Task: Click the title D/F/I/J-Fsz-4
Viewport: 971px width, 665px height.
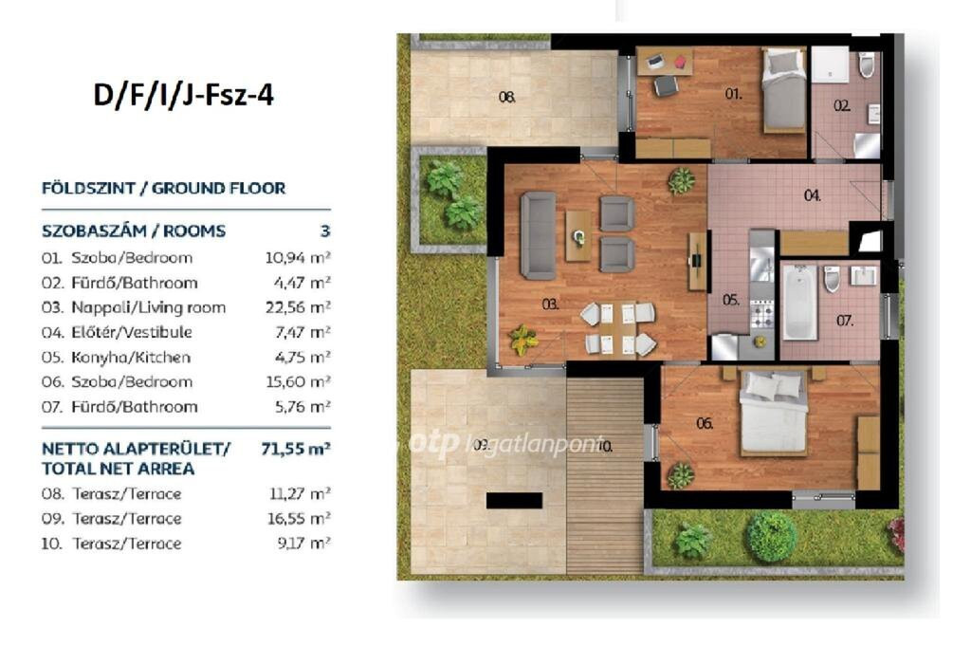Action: (183, 96)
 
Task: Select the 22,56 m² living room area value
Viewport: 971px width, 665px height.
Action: (298, 307)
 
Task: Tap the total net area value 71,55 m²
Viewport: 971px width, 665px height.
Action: (296, 448)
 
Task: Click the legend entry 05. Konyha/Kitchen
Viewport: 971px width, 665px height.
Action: (116, 358)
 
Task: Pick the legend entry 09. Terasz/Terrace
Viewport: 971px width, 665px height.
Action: (112, 519)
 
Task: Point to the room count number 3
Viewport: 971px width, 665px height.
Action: (325, 231)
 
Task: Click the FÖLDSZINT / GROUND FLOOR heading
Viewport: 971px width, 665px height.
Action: (163, 189)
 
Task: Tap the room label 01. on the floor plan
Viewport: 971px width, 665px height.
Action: (733, 94)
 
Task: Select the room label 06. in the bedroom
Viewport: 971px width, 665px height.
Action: (705, 423)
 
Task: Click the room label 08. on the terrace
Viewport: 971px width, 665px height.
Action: (507, 98)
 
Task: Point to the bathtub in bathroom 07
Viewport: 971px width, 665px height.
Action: (799, 303)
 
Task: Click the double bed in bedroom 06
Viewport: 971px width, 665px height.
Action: (774, 412)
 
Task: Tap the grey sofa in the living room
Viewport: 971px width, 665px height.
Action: (538, 235)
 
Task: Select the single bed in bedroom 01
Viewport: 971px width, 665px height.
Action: (782, 91)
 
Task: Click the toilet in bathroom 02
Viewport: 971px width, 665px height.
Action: (867, 65)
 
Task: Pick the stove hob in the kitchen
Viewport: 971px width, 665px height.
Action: (761, 314)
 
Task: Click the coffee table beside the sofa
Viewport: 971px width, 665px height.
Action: (578, 235)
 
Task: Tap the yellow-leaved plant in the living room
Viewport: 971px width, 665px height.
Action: (522, 341)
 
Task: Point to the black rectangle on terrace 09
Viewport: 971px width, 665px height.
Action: (514, 501)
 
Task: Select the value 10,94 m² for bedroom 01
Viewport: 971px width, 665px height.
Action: (298, 258)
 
